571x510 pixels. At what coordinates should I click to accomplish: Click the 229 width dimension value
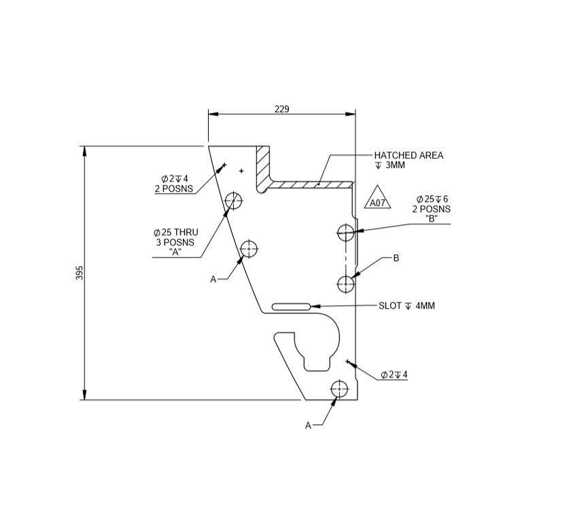(x=281, y=109)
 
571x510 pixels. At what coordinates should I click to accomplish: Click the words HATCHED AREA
(x=409, y=156)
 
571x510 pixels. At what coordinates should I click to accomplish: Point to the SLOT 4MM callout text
(x=406, y=306)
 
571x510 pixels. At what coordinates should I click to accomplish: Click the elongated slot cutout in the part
(x=292, y=307)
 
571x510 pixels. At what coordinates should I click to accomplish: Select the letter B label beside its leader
(x=396, y=258)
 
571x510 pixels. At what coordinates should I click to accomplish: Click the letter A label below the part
(x=308, y=425)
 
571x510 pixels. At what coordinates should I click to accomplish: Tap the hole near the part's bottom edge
(x=339, y=390)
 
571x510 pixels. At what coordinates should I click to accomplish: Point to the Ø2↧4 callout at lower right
(x=394, y=375)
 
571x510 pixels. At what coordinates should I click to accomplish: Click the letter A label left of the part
(x=213, y=279)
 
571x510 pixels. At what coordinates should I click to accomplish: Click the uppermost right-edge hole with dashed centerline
(x=346, y=233)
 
